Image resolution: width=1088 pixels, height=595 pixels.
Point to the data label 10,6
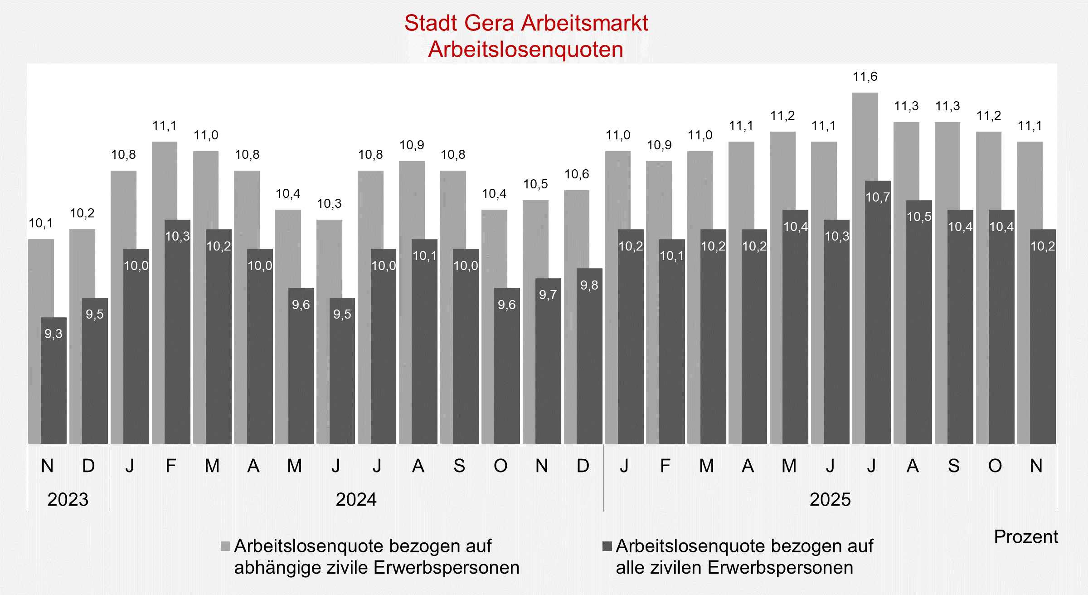[x=577, y=174]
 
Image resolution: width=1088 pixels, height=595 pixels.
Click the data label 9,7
[x=548, y=295]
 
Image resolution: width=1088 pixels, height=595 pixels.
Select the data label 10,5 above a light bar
[x=535, y=184]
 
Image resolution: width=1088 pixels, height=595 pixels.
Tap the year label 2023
[x=68, y=499]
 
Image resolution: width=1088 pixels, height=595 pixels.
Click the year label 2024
[x=356, y=499]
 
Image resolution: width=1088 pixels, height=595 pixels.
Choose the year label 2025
[x=830, y=499]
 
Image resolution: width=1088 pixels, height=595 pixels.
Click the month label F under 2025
[x=665, y=466]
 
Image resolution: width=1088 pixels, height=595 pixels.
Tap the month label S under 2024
[x=459, y=466]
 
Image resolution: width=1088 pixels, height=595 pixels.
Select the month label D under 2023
[x=88, y=466]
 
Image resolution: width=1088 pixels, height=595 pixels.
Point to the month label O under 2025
[x=995, y=466]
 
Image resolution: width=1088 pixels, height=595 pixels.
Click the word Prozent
[x=1026, y=536]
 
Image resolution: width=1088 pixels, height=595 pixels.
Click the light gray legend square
[x=225, y=546]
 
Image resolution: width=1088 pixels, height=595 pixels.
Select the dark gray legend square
[x=607, y=546]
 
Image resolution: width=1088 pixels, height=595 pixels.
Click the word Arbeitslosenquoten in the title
[x=526, y=49]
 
